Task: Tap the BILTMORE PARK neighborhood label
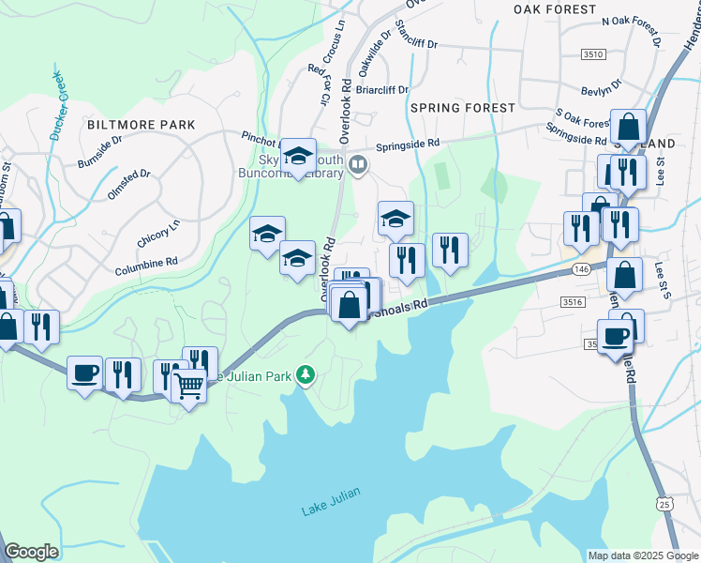click(141, 125)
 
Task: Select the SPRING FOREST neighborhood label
click(462, 108)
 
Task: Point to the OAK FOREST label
click(555, 9)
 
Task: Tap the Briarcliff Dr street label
click(382, 90)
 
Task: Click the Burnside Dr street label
click(100, 146)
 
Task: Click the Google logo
click(31, 552)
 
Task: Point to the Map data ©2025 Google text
click(642, 555)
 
